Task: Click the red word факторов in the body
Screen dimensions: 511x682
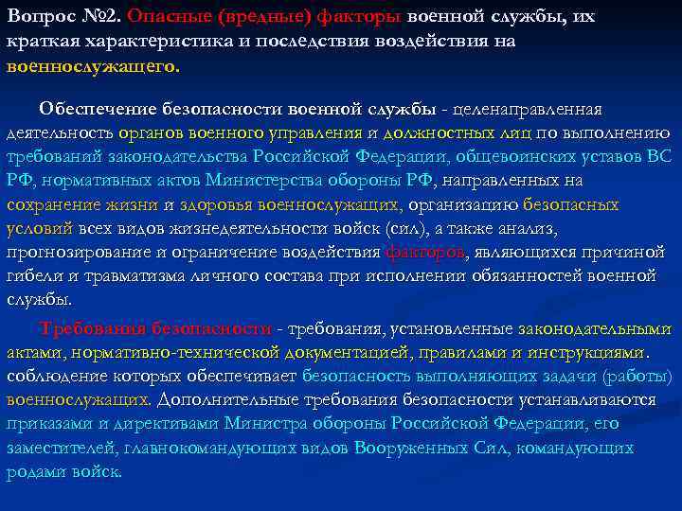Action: [x=425, y=253]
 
